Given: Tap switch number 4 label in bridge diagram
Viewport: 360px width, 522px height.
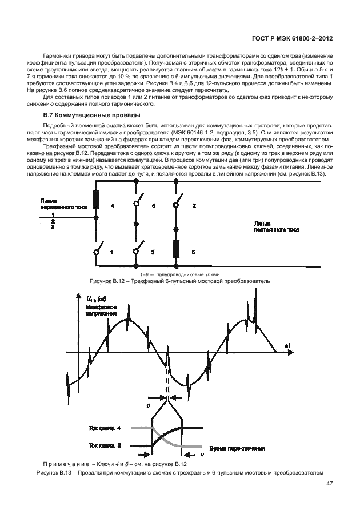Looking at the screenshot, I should pyautogui.click(x=112, y=205).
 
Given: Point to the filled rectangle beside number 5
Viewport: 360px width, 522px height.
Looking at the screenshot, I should pyautogui.click(x=175, y=250).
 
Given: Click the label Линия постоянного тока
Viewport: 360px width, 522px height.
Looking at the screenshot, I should pyautogui.click(x=277, y=228).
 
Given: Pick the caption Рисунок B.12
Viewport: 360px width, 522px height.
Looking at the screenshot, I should pyautogui.click(x=179, y=282).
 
